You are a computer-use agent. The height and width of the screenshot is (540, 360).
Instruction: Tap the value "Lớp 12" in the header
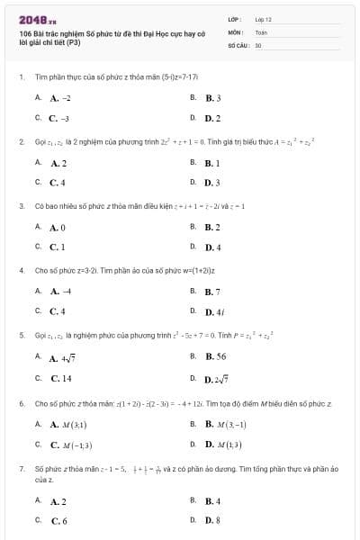point(264,18)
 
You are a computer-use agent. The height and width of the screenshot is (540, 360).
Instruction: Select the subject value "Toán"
point(261,31)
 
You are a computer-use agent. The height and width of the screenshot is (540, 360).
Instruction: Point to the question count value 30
point(258,43)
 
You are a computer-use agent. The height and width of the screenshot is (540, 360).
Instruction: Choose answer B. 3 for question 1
point(213,97)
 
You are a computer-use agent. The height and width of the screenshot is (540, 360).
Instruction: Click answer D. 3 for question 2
point(213,183)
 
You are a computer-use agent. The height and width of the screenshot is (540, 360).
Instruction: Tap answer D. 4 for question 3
point(213,247)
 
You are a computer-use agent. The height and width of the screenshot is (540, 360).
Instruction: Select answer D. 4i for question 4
point(214,311)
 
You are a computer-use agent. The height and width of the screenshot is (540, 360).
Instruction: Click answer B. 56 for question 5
point(215,357)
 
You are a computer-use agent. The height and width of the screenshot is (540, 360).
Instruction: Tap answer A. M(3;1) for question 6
point(68,424)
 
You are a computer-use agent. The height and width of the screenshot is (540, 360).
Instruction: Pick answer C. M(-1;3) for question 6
point(71,445)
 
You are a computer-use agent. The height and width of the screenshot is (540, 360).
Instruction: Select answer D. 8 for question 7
point(213,520)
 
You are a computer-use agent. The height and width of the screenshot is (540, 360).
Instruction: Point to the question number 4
point(21,270)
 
